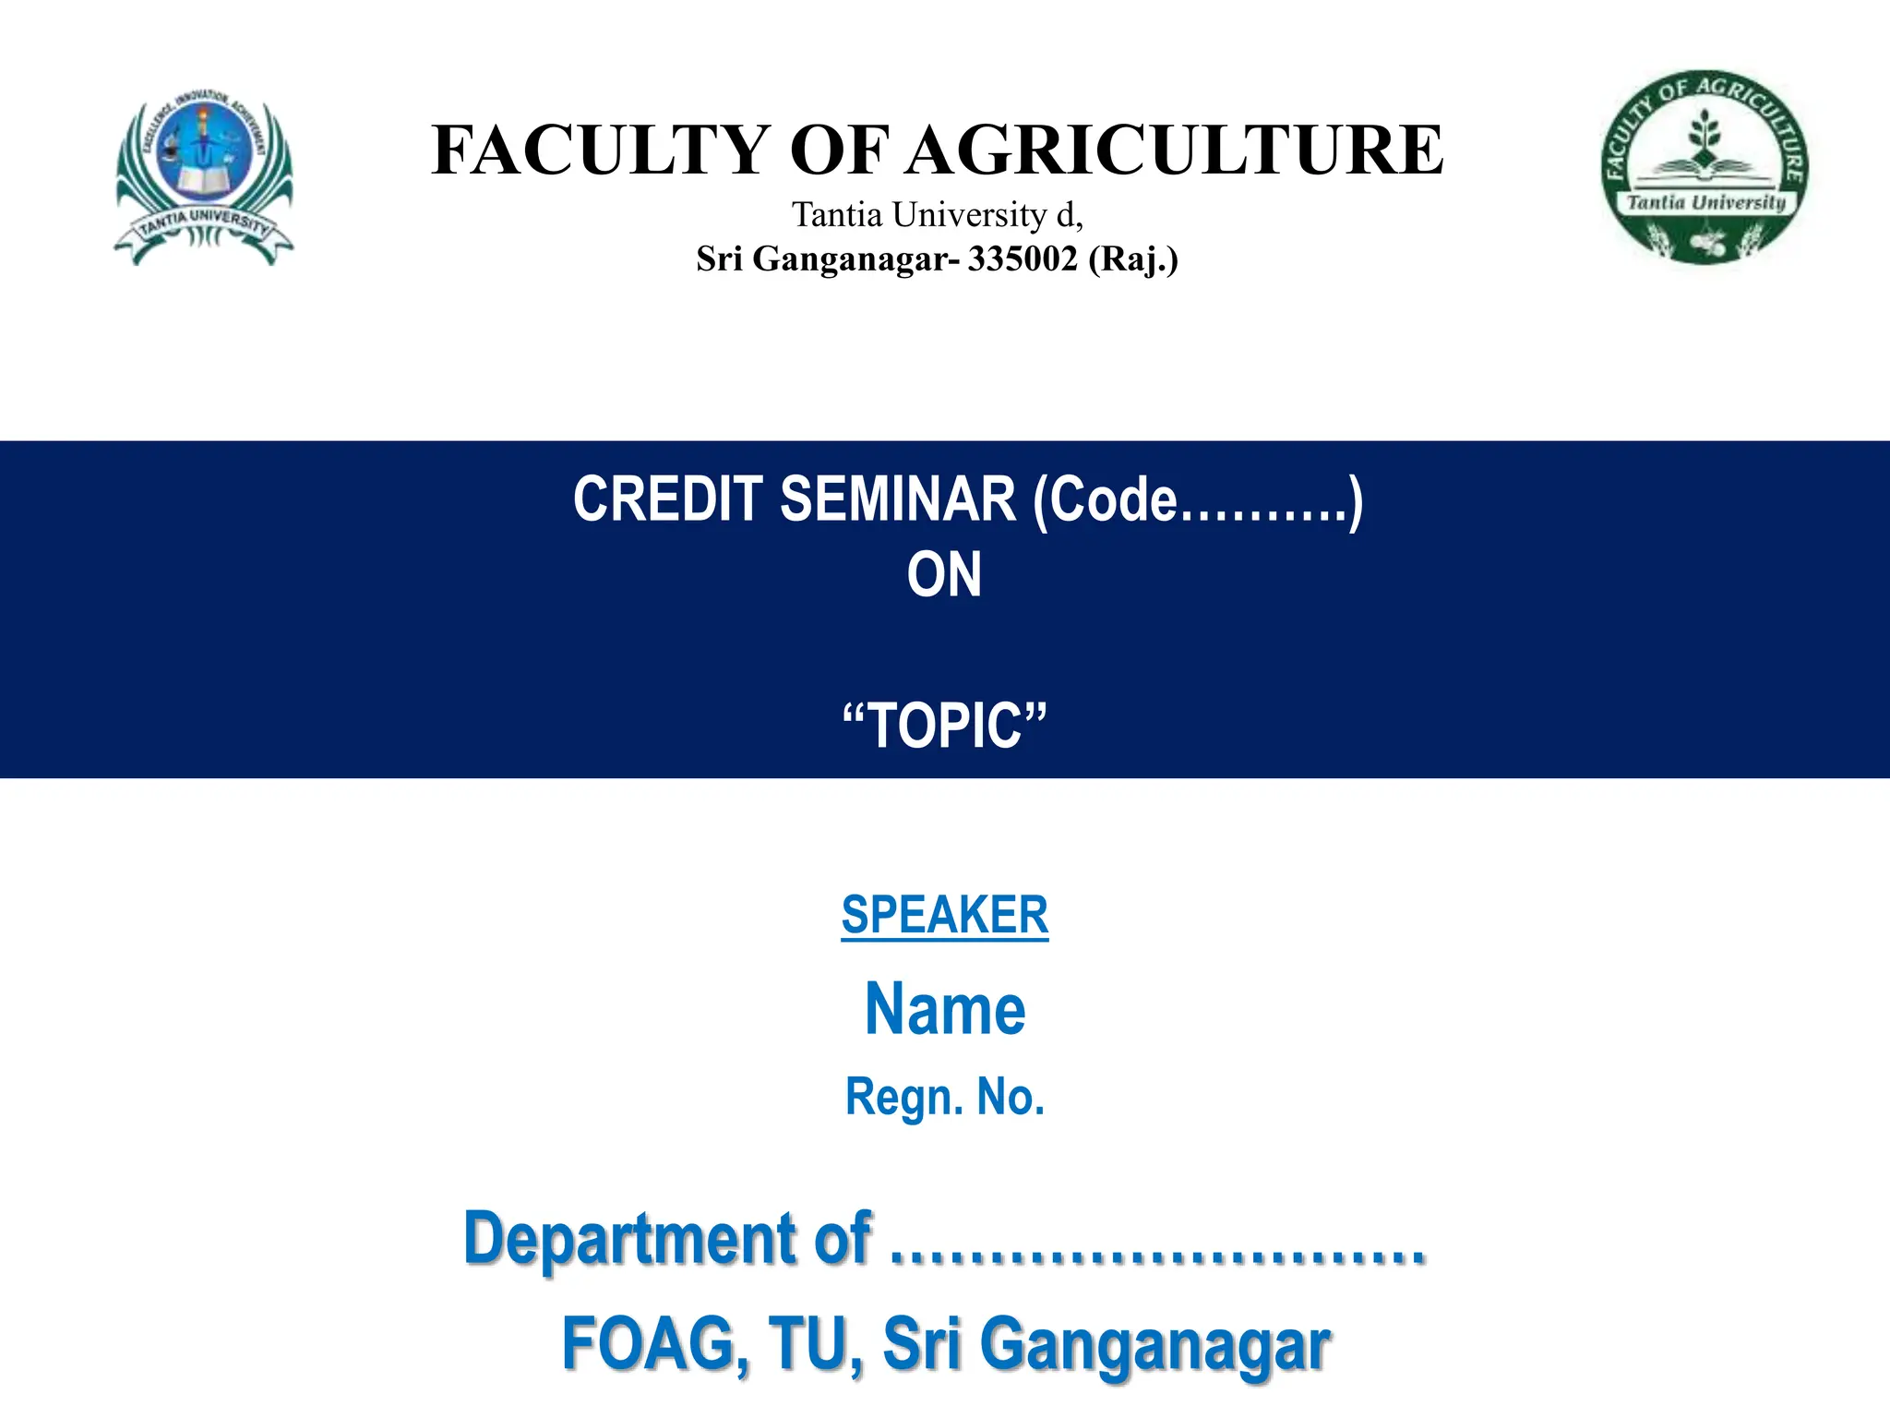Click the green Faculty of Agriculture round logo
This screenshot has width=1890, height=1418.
[1705, 167]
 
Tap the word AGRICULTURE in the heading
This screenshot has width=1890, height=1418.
[1174, 150]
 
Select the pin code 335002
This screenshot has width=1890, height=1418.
[1022, 259]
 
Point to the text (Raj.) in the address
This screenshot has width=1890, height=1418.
[1133, 259]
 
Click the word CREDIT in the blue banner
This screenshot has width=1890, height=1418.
[667, 499]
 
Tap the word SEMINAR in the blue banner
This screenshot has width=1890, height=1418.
[898, 499]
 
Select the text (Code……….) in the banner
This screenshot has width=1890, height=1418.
[1197, 501]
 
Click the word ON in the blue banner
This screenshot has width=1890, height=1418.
[944, 575]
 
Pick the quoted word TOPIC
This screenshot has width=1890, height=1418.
[945, 726]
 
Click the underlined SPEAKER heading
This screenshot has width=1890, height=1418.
[944, 915]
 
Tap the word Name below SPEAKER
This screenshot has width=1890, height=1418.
[944, 1009]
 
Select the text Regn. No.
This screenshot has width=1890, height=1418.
[944, 1097]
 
